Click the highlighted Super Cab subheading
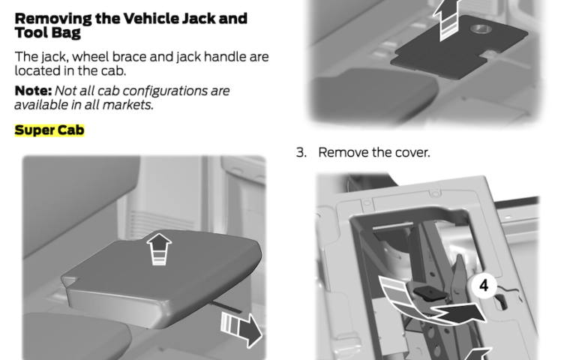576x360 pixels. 49,130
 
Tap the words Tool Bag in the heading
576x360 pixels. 47,33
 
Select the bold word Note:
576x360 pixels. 33,91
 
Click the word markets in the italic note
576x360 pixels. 127,105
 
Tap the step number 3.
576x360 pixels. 301,152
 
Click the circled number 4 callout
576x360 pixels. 484,286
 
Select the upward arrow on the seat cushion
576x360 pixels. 159,249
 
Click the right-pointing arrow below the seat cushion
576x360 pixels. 241,328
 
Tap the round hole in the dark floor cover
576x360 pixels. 479,28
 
